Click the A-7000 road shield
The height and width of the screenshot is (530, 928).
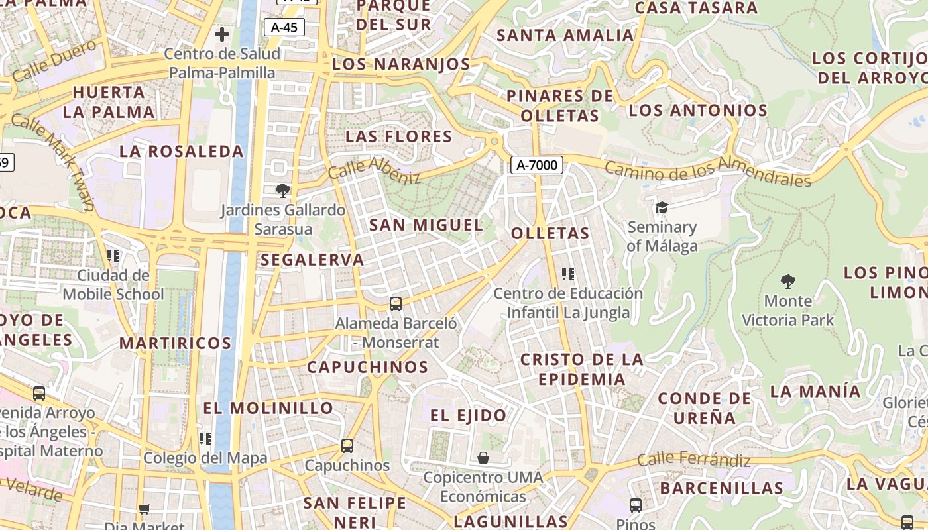coord(536,165)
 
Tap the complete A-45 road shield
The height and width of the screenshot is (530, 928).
coord(284,27)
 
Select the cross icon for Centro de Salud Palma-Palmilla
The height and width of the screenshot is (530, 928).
coord(222,34)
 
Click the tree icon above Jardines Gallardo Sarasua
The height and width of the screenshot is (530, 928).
coord(283,191)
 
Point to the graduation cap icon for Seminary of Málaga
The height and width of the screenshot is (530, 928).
coord(662,208)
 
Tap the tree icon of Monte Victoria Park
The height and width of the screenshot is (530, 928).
coord(787,282)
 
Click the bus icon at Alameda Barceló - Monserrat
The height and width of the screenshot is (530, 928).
coord(396,304)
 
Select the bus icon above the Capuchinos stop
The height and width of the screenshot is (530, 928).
coord(347,446)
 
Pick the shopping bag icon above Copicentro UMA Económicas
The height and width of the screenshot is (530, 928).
coord(483,458)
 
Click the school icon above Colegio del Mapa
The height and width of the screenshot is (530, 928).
coord(205,438)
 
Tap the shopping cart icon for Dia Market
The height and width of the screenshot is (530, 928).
coord(145,509)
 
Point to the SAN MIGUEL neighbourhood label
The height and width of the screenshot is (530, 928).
coord(426,225)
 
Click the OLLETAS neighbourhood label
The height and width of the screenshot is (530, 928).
coord(550,233)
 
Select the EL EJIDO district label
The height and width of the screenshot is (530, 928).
coord(469,415)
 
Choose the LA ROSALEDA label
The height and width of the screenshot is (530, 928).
coord(182,151)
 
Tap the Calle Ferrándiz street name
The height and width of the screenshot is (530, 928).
coord(694,459)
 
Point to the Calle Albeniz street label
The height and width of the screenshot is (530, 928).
coord(375,170)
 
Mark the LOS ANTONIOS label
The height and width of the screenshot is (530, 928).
coord(698,110)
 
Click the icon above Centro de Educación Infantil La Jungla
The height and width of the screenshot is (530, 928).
coord(567,274)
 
